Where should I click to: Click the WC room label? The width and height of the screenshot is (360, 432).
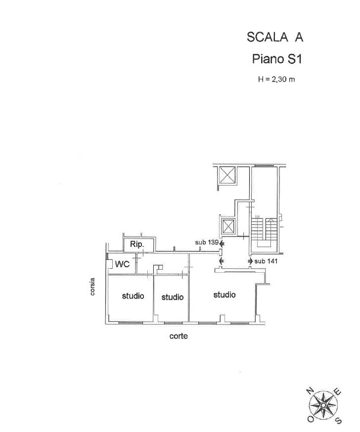point(122,264)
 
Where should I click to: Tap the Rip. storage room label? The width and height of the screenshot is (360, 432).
point(137,244)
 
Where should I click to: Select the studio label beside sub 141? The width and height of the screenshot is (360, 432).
point(225,295)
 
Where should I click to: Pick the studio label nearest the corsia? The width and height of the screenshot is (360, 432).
point(133,296)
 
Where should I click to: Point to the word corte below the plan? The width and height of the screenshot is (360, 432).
point(179,336)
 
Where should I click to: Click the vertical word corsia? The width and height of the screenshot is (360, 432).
point(92,287)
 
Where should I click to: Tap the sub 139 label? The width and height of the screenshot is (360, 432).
point(207,242)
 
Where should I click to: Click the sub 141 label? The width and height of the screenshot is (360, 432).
point(266,261)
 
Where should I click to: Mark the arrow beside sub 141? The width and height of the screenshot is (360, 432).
point(250,261)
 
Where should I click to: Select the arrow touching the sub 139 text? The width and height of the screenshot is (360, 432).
point(222,243)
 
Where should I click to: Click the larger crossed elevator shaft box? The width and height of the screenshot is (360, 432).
point(226,175)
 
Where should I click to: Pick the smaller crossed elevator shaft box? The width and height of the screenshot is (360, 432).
point(228,227)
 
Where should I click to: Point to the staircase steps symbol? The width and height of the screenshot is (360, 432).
point(264,232)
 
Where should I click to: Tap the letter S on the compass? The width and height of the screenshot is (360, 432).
point(338,421)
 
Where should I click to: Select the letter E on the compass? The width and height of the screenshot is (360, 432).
point(337,391)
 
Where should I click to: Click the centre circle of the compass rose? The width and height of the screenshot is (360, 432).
point(323,405)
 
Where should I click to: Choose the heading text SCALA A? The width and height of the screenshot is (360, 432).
point(275,37)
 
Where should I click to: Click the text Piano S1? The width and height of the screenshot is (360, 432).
point(277,59)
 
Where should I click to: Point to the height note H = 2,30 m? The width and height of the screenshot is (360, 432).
point(276,79)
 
